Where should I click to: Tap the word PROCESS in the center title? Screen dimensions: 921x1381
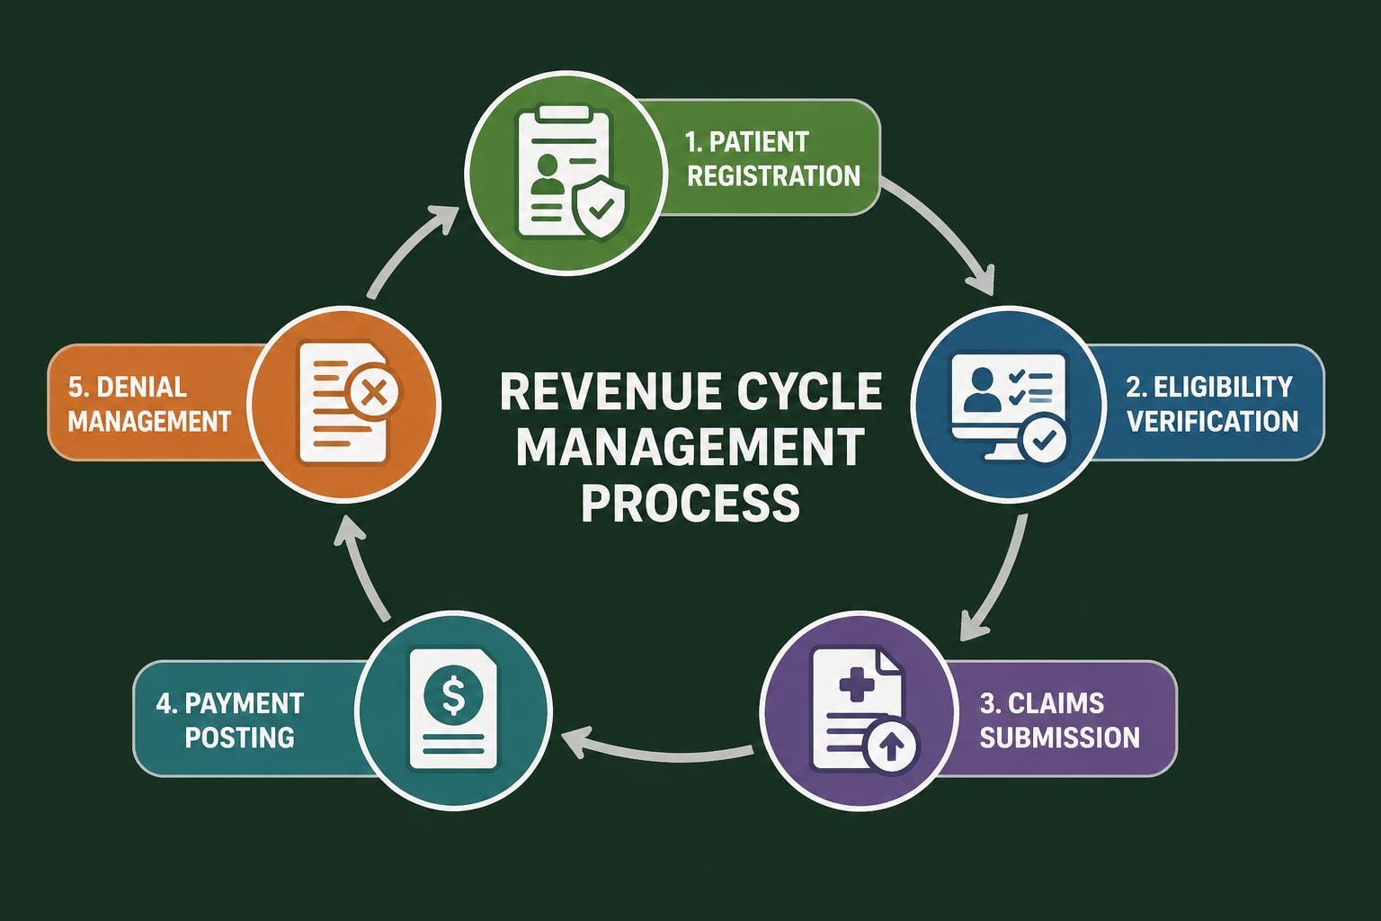tap(690, 502)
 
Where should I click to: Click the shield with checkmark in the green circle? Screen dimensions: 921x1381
tap(600, 209)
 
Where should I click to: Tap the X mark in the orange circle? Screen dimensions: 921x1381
tap(375, 393)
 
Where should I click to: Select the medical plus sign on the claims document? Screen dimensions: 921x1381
tap(856, 684)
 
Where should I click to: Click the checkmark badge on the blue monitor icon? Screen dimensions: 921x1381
tap(1044, 439)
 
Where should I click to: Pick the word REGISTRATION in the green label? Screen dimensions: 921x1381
tap(773, 175)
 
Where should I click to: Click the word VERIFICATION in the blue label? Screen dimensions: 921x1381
tap(1212, 421)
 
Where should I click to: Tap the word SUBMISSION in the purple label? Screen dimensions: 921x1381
tap(1059, 738)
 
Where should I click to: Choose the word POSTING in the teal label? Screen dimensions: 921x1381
tap(239, 738)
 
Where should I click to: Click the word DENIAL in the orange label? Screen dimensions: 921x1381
tap(140, 387)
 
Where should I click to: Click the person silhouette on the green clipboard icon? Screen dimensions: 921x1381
tap(544, 175)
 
